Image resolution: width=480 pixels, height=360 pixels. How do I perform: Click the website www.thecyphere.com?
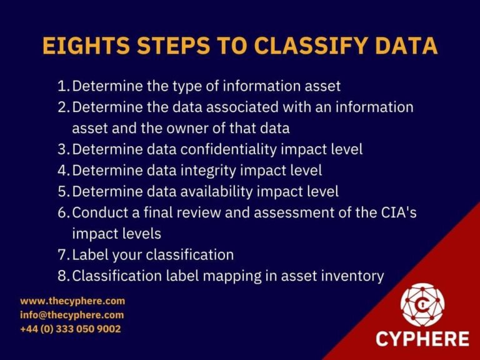(x=72, y=301)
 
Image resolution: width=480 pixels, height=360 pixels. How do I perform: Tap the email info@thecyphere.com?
(x=72, y=315)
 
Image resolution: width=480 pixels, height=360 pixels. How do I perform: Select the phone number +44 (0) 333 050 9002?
(x=71, y=329)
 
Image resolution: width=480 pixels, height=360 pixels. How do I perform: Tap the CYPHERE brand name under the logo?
(x=422, y=339)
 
